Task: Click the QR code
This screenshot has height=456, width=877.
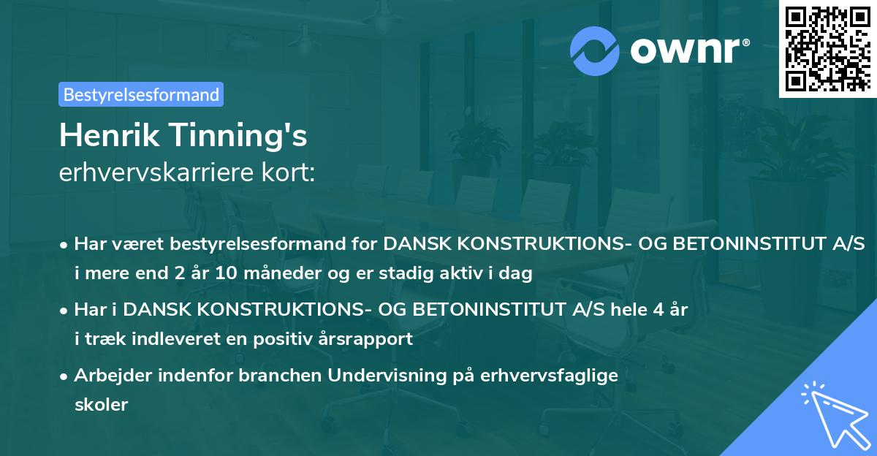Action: (x=827, y=49)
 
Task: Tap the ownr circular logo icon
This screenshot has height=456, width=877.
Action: (x=595, y=50)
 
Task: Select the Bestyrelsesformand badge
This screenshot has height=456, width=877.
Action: (x=141, y=94)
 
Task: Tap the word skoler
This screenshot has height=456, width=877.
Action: (x=101, y=405)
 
